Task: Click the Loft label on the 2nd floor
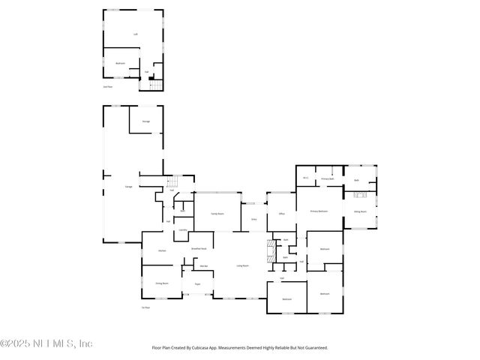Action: [135, 34]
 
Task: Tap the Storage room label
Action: [145, 121]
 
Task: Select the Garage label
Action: [118, 185]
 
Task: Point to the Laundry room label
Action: [182, 230]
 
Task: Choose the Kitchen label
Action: [161, 250]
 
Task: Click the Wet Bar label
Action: [202, 265]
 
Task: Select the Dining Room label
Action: [161, 283]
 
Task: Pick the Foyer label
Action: [197, 284]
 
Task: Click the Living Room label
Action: [242, 265]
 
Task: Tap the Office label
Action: [282, 214]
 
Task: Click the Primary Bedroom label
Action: [319, 212]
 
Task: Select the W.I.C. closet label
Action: [306, 178]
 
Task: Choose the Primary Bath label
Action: [327, 179]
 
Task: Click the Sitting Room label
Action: [359, 211]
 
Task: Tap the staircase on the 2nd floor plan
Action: [156, 85]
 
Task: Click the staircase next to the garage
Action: [175, 182]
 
